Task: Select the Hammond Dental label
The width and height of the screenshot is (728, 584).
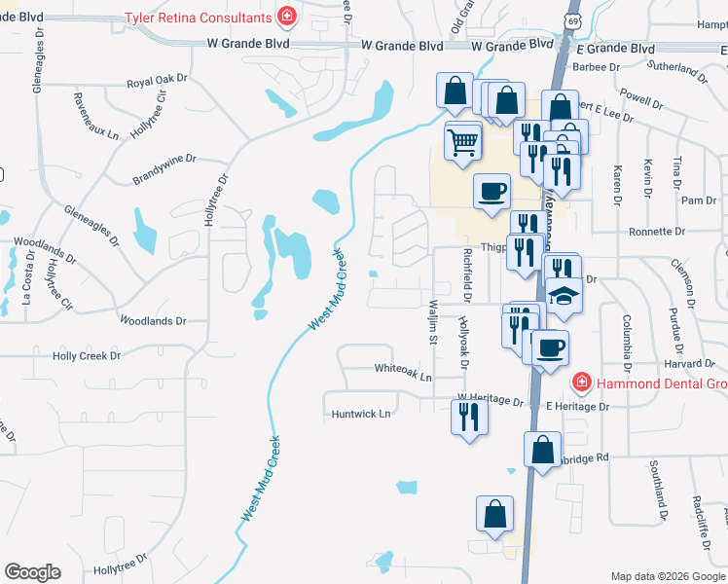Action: (663, 383)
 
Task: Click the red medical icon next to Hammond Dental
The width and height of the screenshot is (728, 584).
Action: (581, 383)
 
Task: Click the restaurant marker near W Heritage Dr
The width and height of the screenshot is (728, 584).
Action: (468, 417)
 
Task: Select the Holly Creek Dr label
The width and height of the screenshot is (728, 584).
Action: (86, 356)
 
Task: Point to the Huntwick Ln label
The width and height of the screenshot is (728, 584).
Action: (359, 414)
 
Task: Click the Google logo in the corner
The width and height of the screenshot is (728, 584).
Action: (32, 572)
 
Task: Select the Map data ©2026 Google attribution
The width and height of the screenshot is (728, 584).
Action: (668, 576)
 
